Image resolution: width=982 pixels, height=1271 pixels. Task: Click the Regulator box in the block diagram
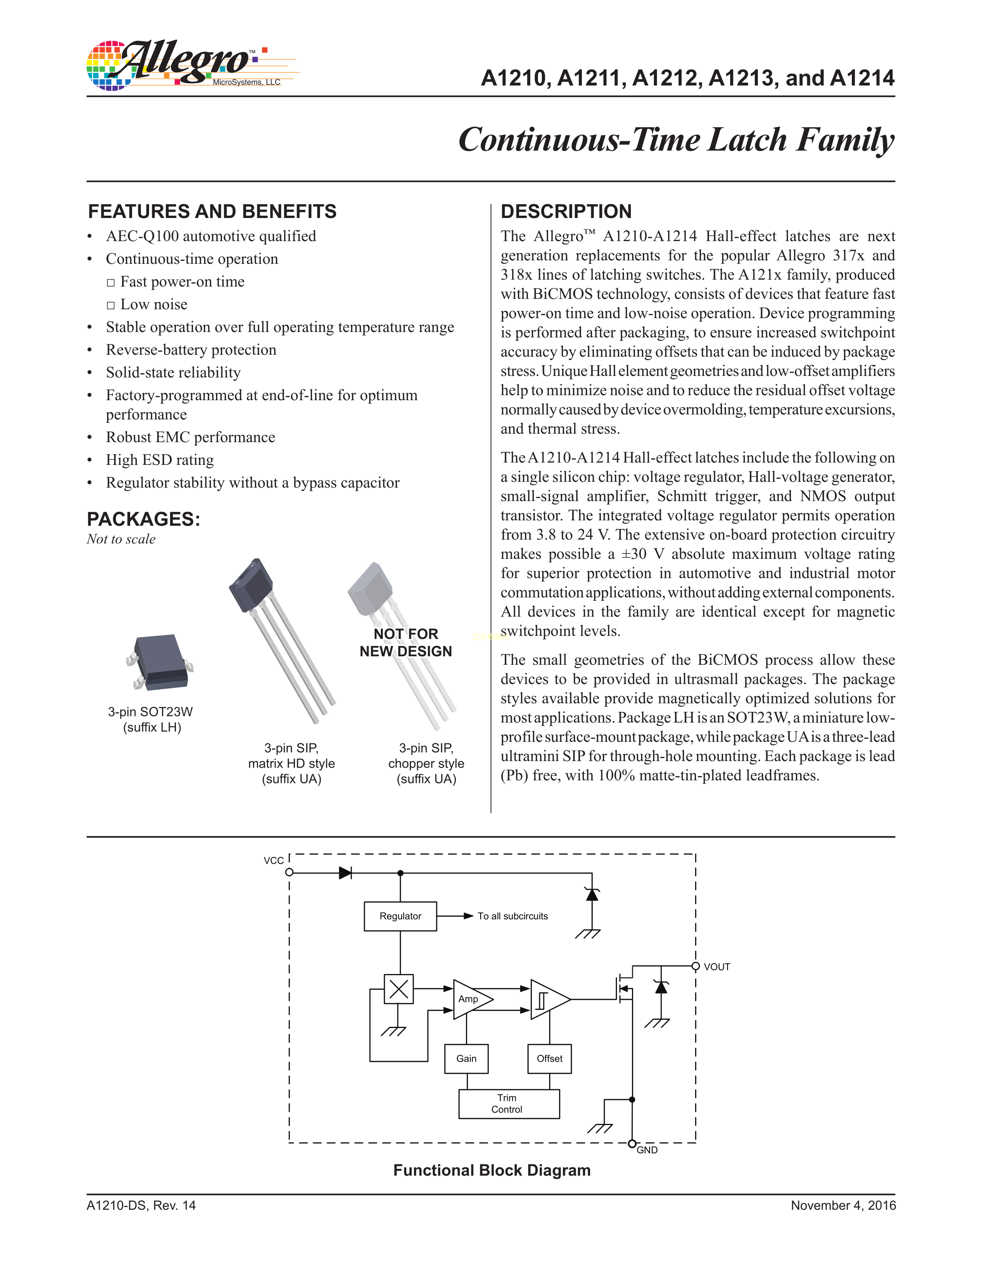point(400,916)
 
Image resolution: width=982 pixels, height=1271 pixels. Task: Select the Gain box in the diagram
point(466,1058)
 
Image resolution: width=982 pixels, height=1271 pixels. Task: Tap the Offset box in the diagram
point(549,1058)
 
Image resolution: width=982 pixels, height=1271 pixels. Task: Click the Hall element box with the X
point(399,989)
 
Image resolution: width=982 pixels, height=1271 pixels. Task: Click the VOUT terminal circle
point(695,967)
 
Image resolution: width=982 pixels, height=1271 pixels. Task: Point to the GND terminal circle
point(632,1144)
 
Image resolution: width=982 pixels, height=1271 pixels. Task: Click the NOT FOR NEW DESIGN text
point(406,642)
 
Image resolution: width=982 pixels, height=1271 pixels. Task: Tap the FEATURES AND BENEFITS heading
point(212,211)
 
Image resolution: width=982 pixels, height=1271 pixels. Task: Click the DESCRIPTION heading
point(566,211)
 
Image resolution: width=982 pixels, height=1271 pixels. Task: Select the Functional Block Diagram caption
point(492,1170)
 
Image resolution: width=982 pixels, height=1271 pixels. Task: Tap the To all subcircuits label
point(513,916)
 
